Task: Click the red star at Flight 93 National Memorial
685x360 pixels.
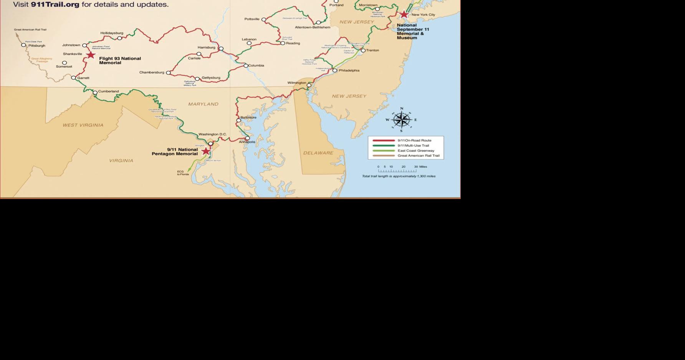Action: [x=91, y=55]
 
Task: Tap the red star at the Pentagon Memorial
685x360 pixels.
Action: [x=206, y=151]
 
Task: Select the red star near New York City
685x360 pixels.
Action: [x=404, y=15]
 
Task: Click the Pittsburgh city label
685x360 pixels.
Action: [x=36, y=46]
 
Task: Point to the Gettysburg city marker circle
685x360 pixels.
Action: [x=197, y=79]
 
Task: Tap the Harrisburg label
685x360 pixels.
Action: [x=206, y=48]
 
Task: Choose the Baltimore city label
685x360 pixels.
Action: [x=248, y=117]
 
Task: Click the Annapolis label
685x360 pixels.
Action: [x=247, y=142]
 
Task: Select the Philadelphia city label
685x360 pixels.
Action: [x=349, y=71]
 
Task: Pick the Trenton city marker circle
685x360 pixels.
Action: [x=363, y=50]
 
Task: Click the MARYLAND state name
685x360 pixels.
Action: [x=203, y=104]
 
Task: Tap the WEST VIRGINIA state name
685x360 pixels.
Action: [x=83, y=125]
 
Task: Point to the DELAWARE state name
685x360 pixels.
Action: [x=318, y=153]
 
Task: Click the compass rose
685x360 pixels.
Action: [x=402, y=120]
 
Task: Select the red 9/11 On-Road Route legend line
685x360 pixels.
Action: [x=383, y=141]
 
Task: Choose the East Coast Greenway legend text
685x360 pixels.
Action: [x=416, y=151]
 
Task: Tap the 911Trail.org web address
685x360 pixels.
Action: [x=55, y=5]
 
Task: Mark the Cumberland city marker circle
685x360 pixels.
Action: [x=95, y=93]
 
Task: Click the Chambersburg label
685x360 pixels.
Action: [x=152, y=72]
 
